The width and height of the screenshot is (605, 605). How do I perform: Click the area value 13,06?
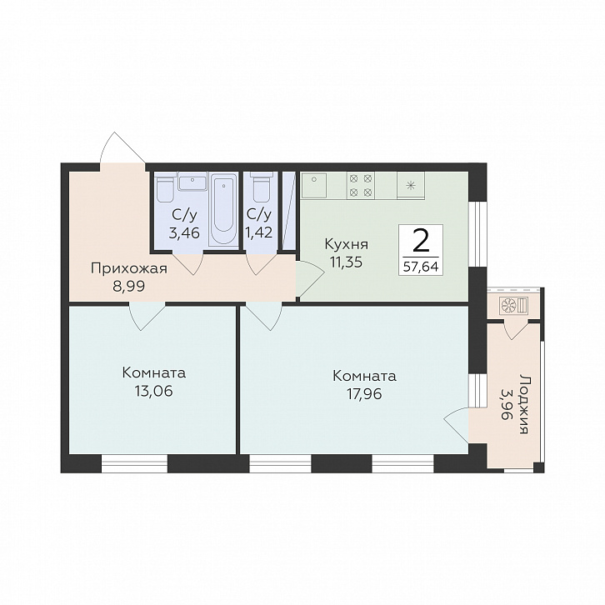point(154,391)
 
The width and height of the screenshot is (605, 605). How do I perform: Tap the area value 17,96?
point(364,394)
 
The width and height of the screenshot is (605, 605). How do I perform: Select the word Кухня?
point(347,245)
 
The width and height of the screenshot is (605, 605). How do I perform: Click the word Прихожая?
point(129,268)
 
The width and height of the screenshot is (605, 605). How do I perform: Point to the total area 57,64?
point(421,267)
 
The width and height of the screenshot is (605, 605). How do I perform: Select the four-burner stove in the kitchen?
point(361,185)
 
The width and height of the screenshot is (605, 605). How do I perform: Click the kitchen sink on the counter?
point(314,185)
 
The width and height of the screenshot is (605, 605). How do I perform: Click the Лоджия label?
point(524,403)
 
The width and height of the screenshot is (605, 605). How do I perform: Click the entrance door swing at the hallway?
point(122,148)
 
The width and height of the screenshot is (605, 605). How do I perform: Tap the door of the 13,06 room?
point(147,317)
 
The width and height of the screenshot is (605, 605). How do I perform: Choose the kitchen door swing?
point(311,277)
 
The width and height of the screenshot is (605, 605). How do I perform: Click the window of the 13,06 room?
point(134,463)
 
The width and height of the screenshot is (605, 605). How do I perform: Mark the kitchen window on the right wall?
point(477,233)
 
